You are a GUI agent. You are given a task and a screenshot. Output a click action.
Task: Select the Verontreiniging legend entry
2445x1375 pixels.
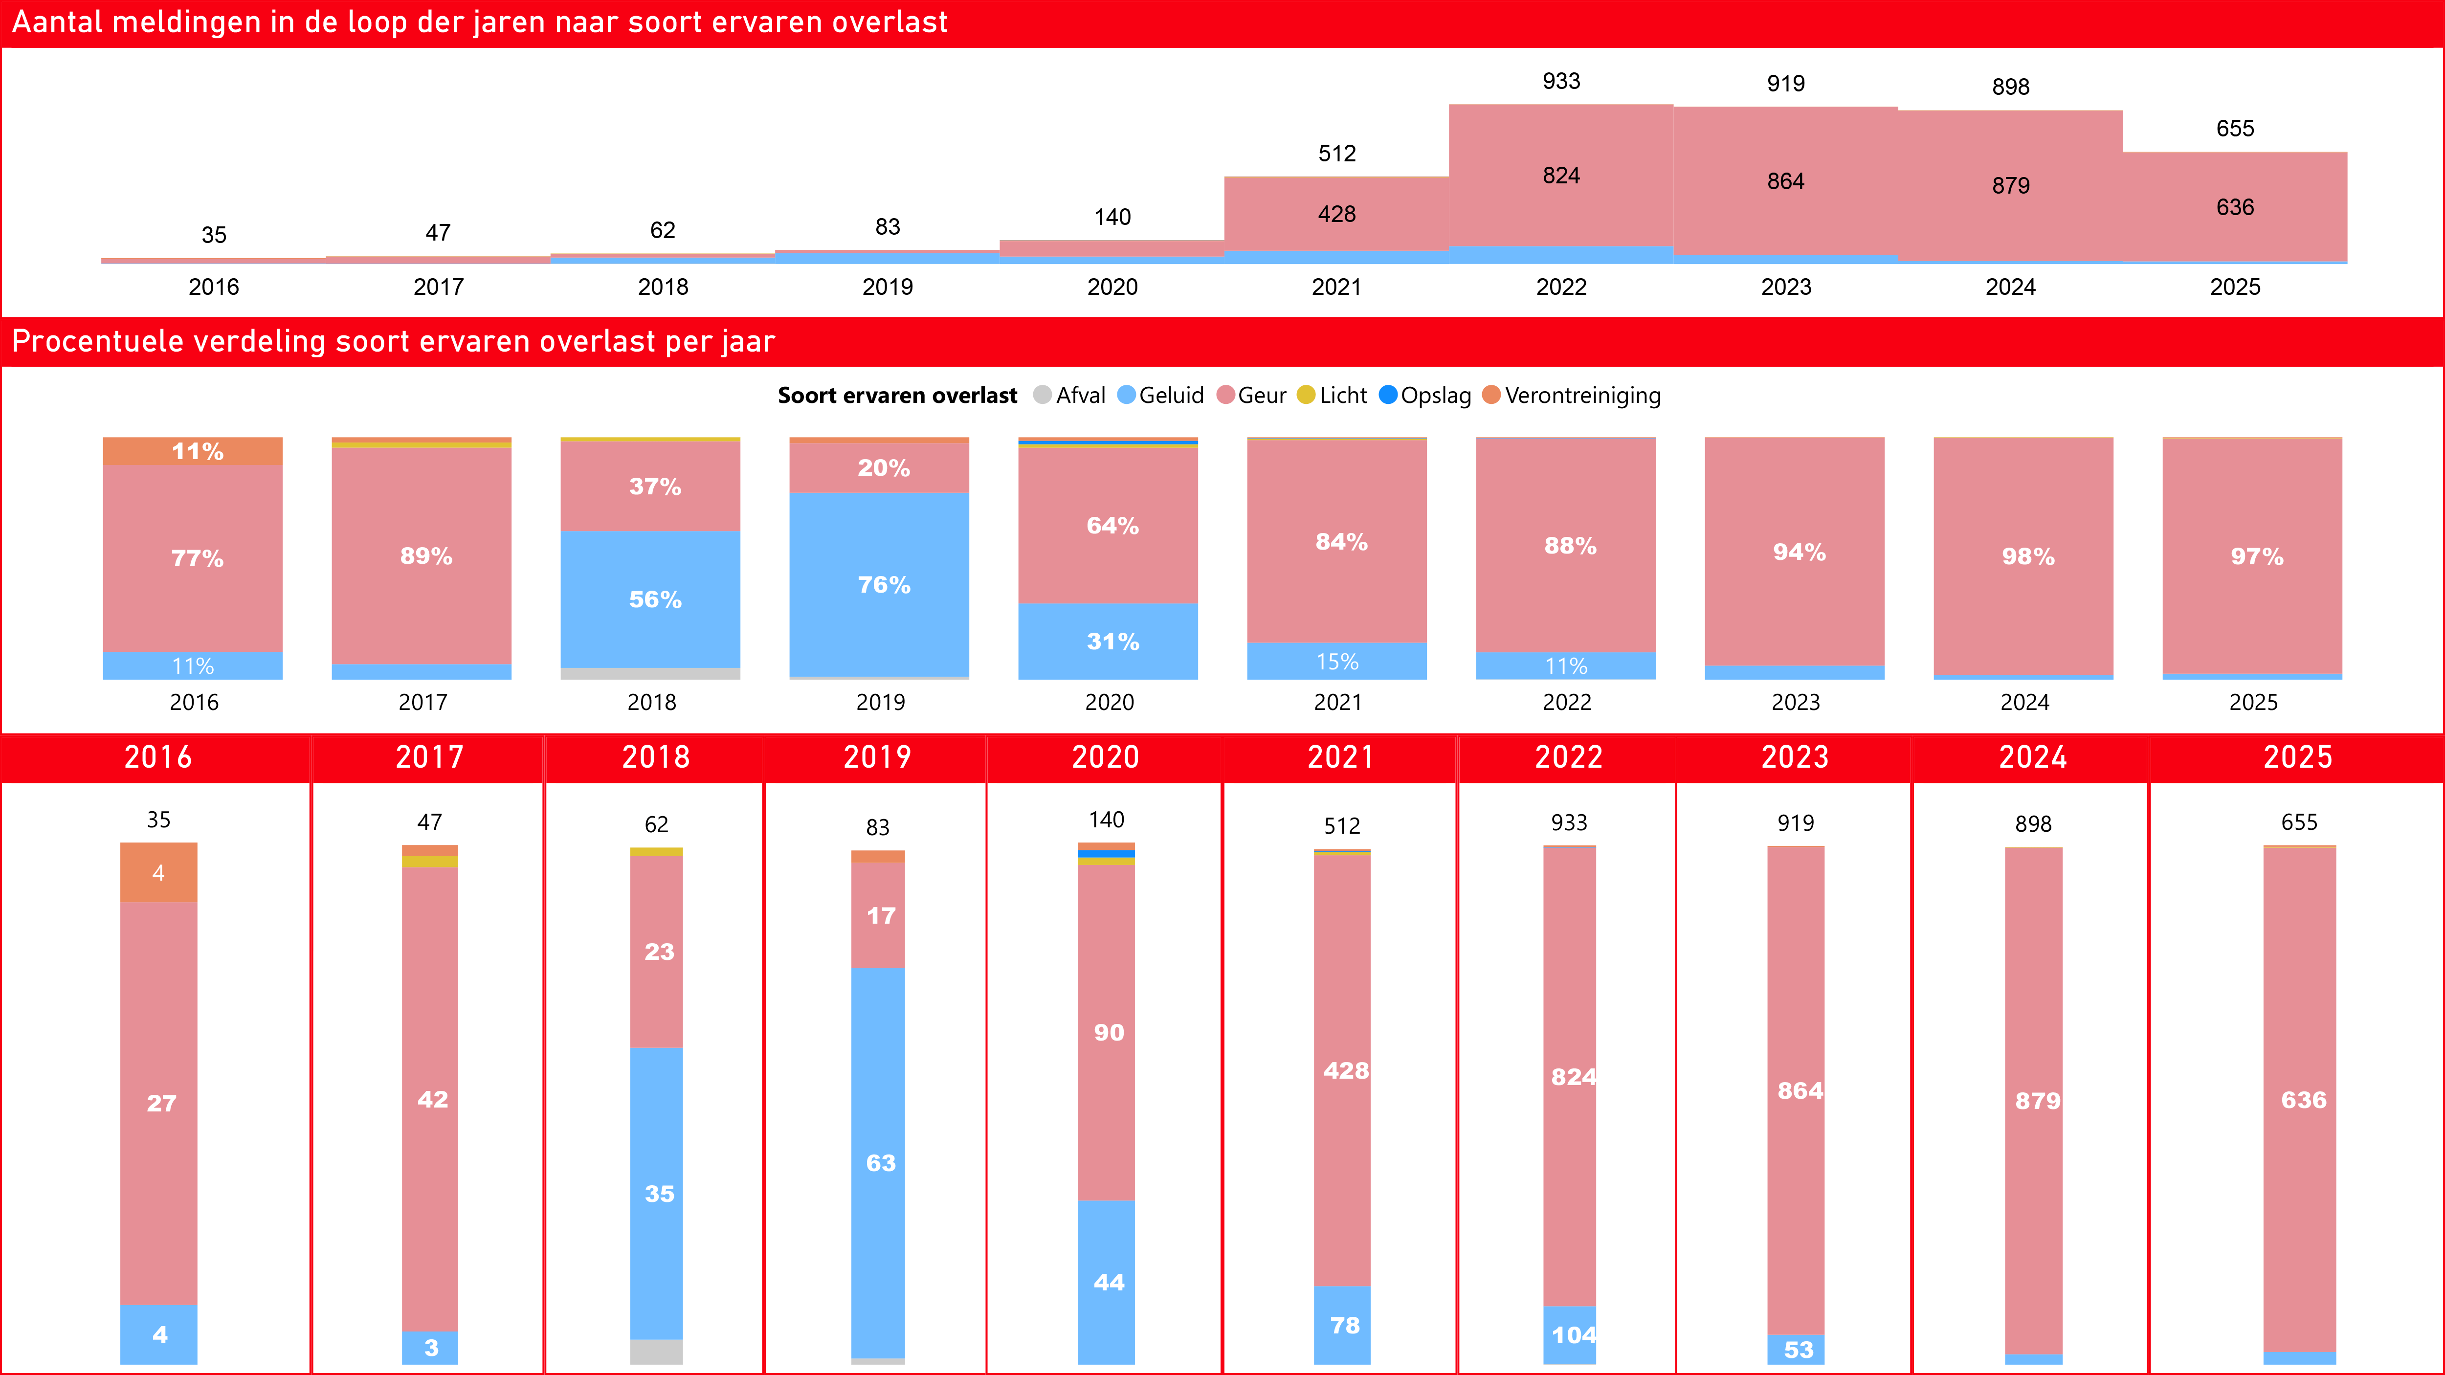pyautogui.click(x=1581, y=396)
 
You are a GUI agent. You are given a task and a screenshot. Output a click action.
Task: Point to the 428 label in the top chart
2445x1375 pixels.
pyautogui.click(x=1336, y=215)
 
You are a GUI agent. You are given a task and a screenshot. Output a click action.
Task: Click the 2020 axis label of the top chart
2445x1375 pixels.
pyautogui.click(x=1111, y=287)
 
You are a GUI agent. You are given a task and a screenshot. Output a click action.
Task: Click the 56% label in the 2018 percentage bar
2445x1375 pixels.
pyautogui.click(x=655, y=599)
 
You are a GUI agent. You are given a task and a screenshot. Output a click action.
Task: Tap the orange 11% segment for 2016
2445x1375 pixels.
pyautogui.click(x=193, y=452)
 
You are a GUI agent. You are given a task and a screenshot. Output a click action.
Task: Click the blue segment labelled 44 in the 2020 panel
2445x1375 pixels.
pyautogui.click(x=1107, y=1282)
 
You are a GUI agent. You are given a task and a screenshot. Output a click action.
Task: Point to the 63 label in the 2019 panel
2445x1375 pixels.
pyautogui.click(x=880, y=1163)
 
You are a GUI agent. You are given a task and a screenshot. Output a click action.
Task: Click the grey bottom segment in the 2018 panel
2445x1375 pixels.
pyautogui.click(x=656, y=1351)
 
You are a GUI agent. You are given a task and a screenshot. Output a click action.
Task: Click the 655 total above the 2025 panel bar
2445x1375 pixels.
pyautogui.click(x=2299, y=823)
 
